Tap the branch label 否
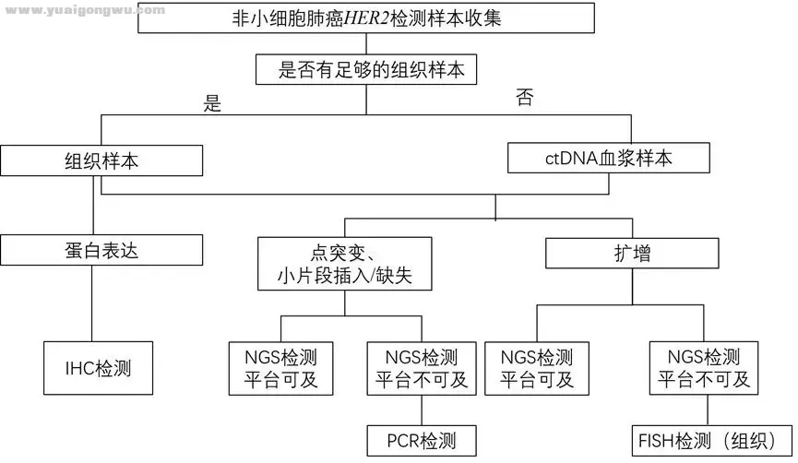point(523,99)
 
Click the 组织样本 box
point(101,160)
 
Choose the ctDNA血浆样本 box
point(608,158)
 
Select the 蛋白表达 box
point(101,249)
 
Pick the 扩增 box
point(632,252)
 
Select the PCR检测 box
point(423,440)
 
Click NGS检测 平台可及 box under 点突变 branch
point(280,368)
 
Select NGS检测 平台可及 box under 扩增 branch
point(536,368)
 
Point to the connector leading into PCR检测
point(421,410)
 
